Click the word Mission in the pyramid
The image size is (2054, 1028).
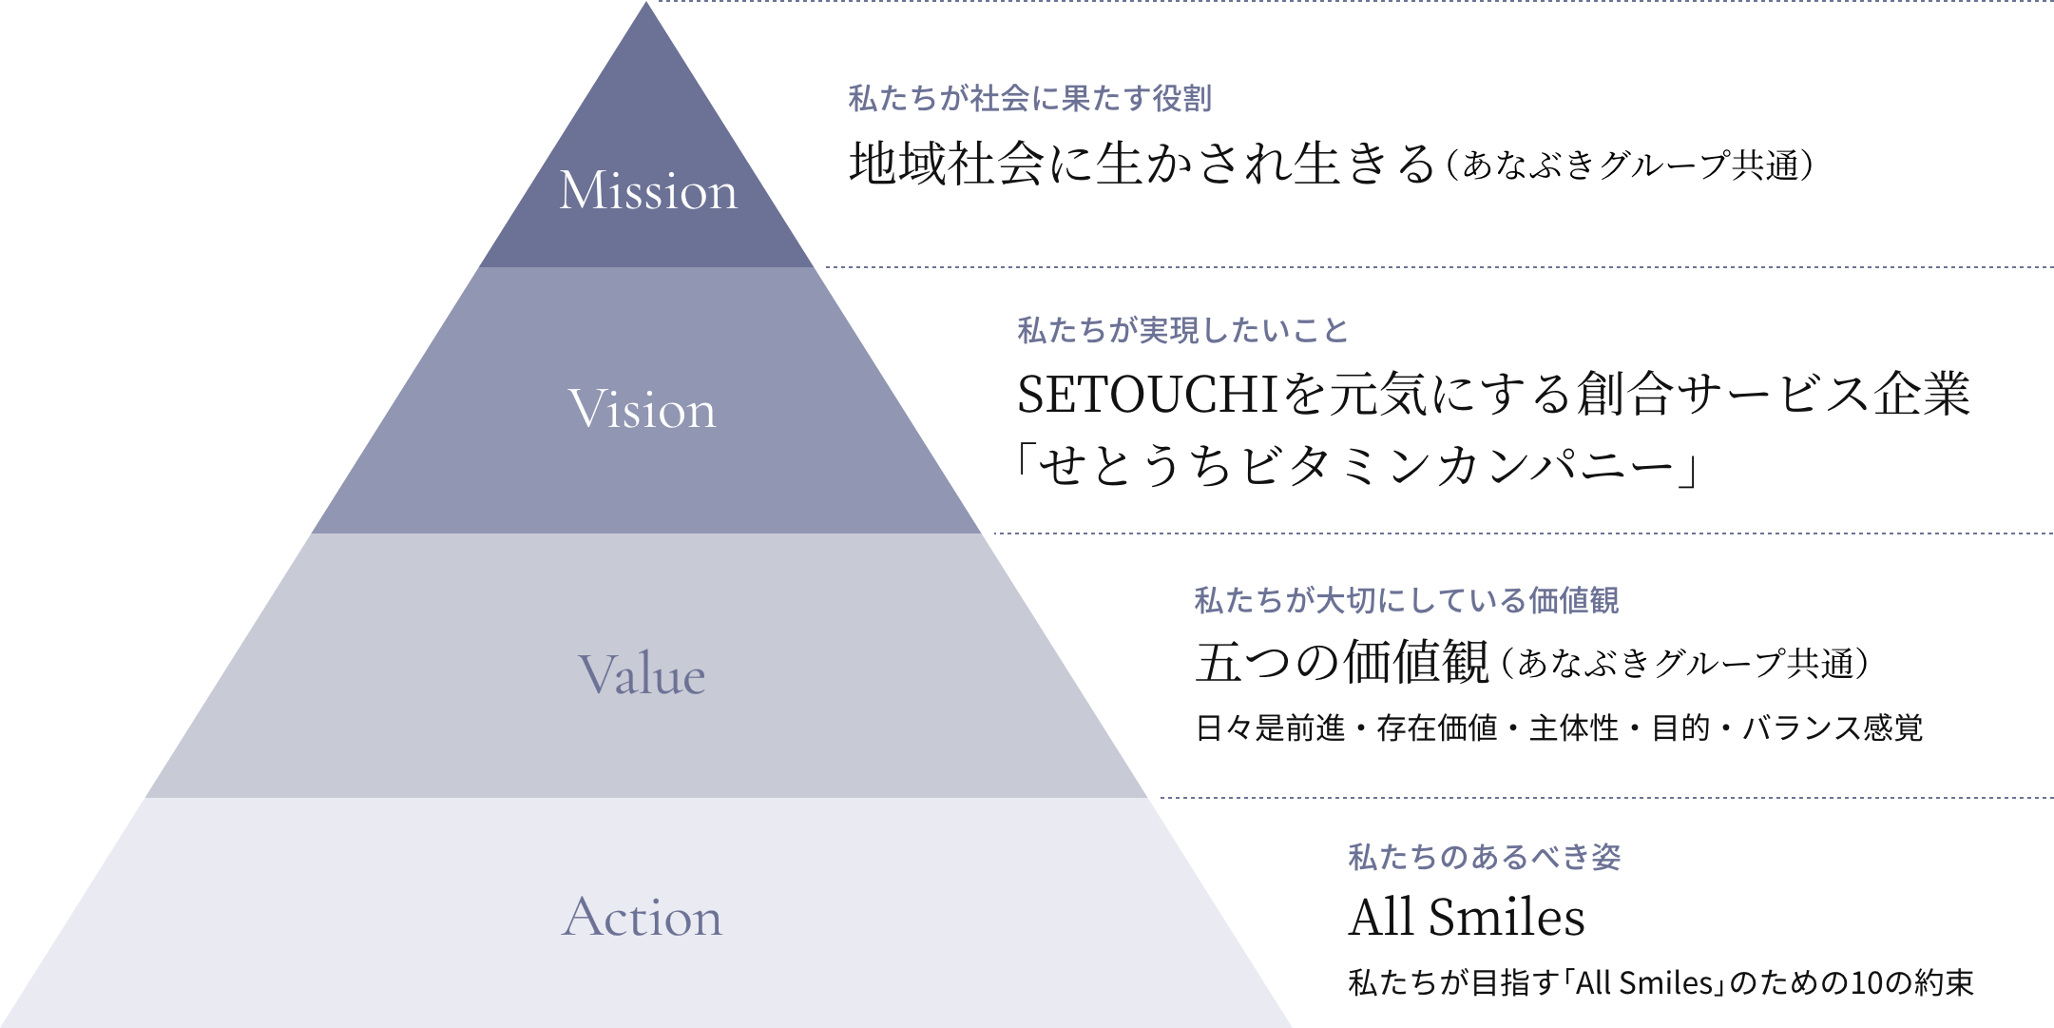[x=648, y=190]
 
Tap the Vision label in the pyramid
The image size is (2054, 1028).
[x=642, y=409]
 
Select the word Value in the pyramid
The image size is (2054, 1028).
[x=642, y=674]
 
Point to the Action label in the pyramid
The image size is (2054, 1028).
[x=642, y=917]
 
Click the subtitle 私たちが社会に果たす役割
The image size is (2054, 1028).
[x=1029, y=99]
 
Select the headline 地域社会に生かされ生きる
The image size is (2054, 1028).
[x=1142, y=164]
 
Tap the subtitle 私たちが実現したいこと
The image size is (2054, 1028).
[x=1182, y=331]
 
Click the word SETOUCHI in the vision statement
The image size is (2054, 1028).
[x=1147, y=395]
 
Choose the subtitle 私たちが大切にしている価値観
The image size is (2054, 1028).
[x=1406, y=601]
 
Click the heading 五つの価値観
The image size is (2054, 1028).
[x=1342, y=662]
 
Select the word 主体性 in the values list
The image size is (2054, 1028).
[x=1574, y=728]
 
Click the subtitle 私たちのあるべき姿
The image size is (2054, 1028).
[x=1484, y=858]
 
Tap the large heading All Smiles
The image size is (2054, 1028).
[x=1467, y=918]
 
